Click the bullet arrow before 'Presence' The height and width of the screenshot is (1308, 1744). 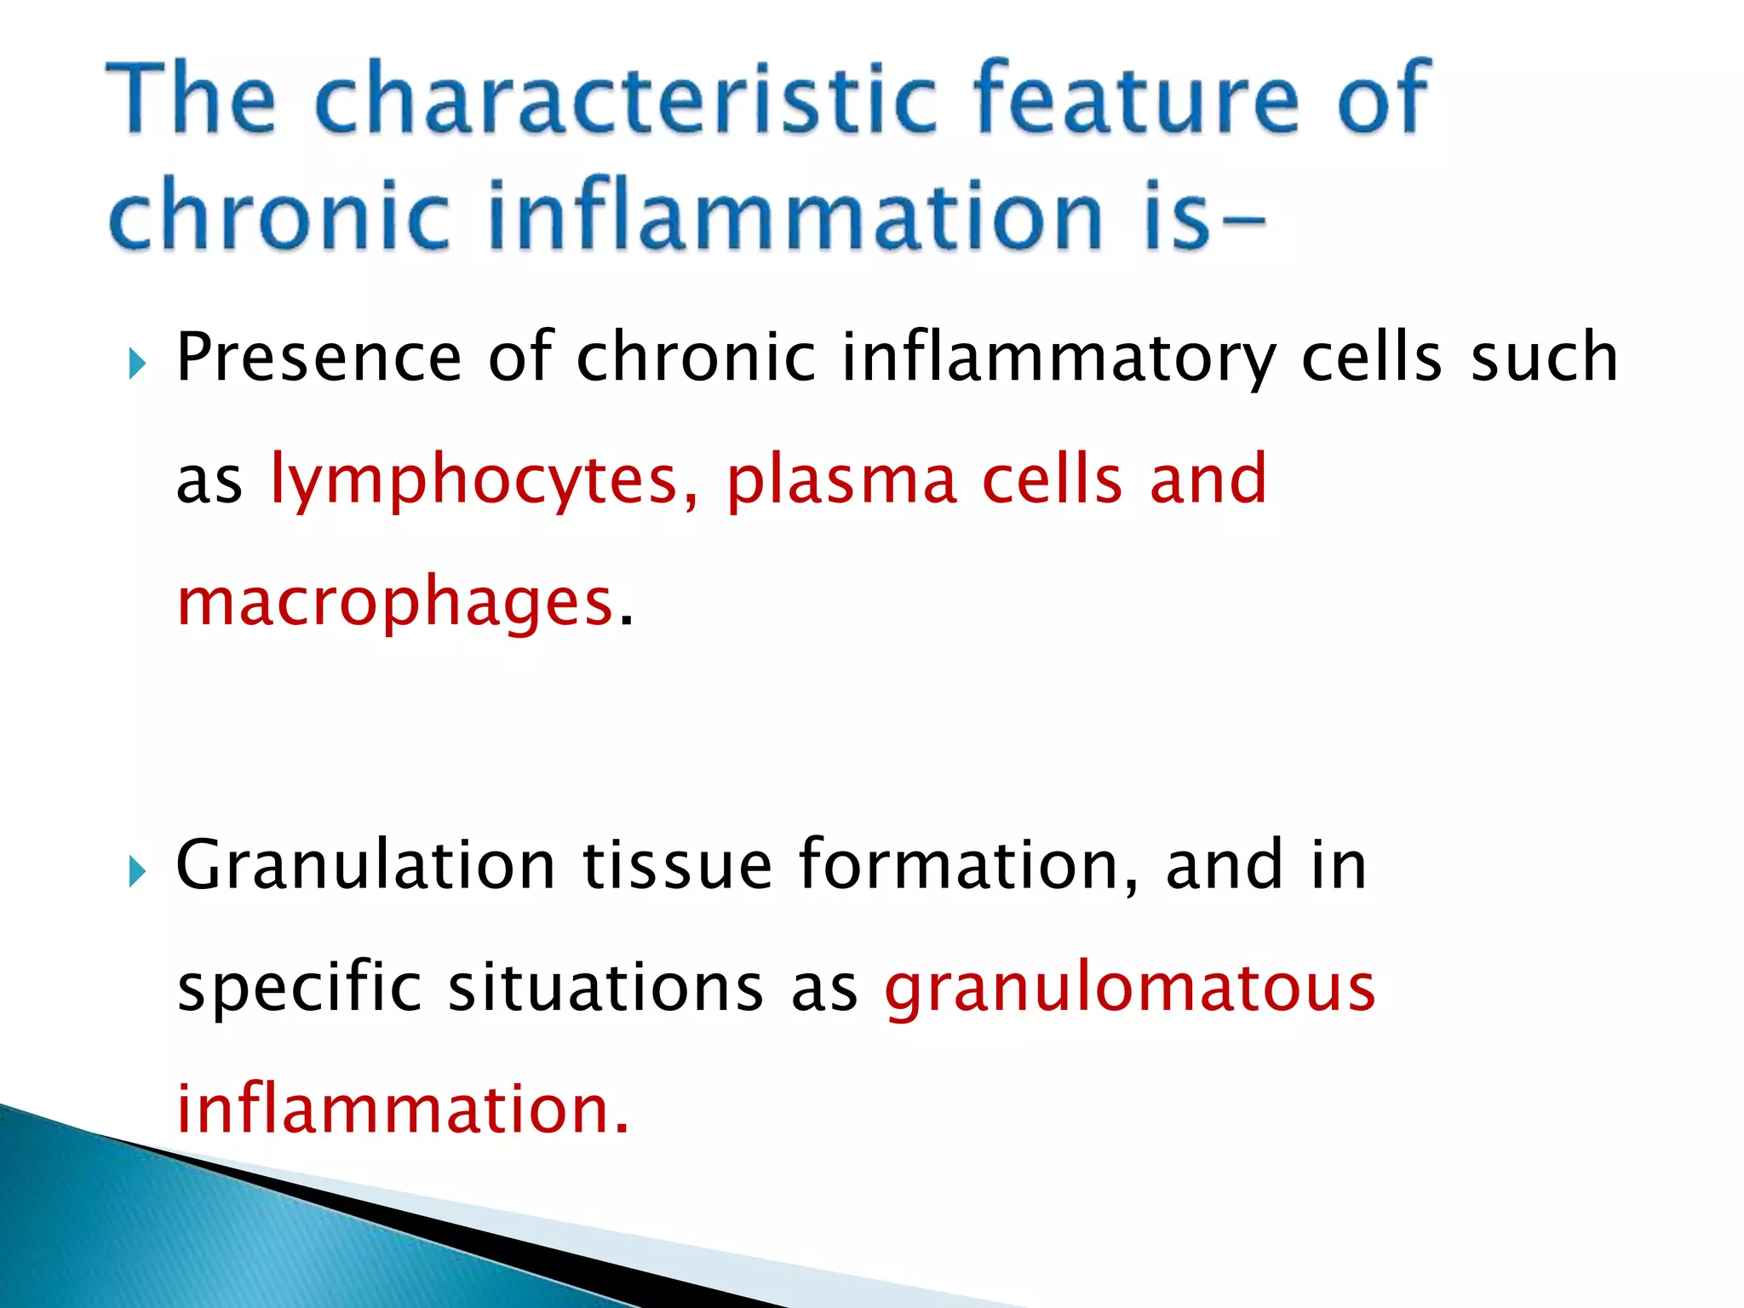point(137,365)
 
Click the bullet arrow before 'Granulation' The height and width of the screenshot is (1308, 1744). point(137,872)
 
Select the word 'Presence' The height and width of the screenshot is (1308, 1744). point(318,358)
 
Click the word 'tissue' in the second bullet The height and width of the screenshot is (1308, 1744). point(677,865)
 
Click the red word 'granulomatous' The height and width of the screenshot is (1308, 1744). point(1130,990)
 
